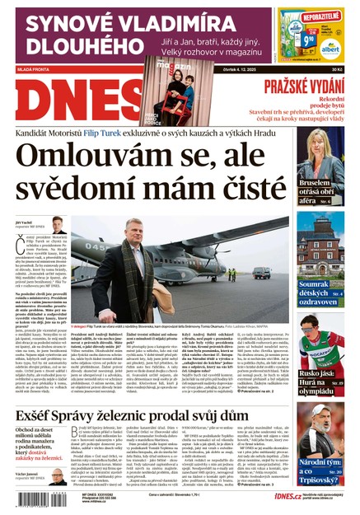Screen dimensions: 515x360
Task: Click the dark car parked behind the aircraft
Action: pos(262,272)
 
